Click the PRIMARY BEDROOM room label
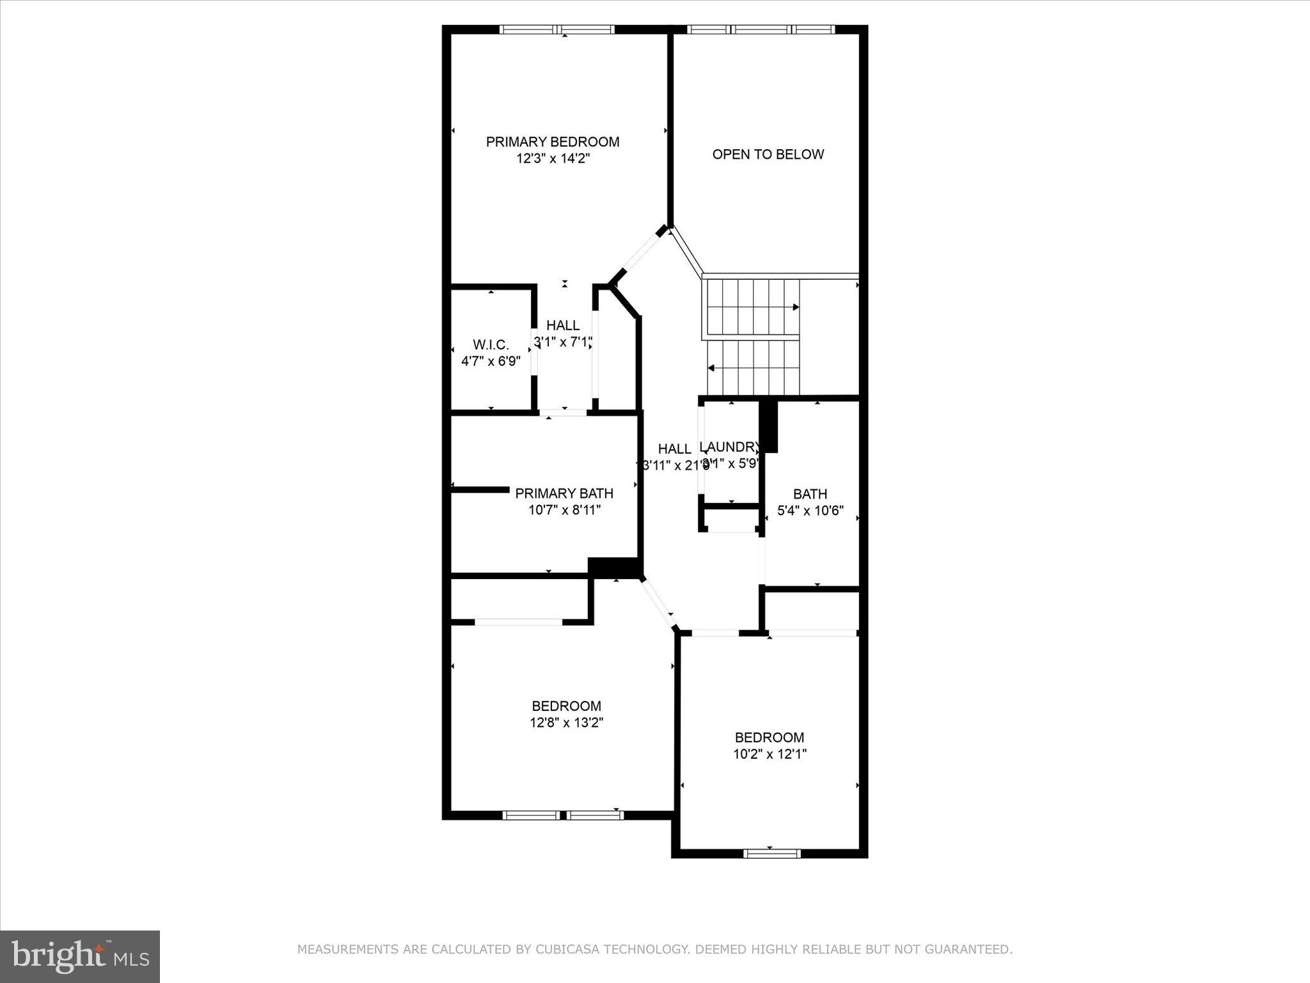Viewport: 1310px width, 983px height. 553,141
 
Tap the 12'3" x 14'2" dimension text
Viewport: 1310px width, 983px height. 553,158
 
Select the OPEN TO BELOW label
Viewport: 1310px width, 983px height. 768,154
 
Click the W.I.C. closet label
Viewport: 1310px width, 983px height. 491,345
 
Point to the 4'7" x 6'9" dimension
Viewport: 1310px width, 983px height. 491,361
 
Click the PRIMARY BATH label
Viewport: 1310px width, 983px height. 564,493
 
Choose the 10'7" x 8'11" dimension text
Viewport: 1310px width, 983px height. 564,510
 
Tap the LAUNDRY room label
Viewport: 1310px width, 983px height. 730,447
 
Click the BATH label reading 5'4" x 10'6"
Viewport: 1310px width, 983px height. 810,494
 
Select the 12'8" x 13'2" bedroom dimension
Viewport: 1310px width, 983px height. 566,723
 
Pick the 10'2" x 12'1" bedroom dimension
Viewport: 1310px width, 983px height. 769,754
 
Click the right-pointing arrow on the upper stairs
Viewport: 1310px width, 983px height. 795,307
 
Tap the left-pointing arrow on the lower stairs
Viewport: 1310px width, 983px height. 711,368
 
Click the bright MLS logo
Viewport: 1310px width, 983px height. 80,956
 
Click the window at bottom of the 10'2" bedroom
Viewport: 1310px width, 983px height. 772,853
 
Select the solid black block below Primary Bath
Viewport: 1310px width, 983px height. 613,567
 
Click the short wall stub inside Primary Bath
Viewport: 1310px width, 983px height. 480,490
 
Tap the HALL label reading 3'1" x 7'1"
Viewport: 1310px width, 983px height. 563,326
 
